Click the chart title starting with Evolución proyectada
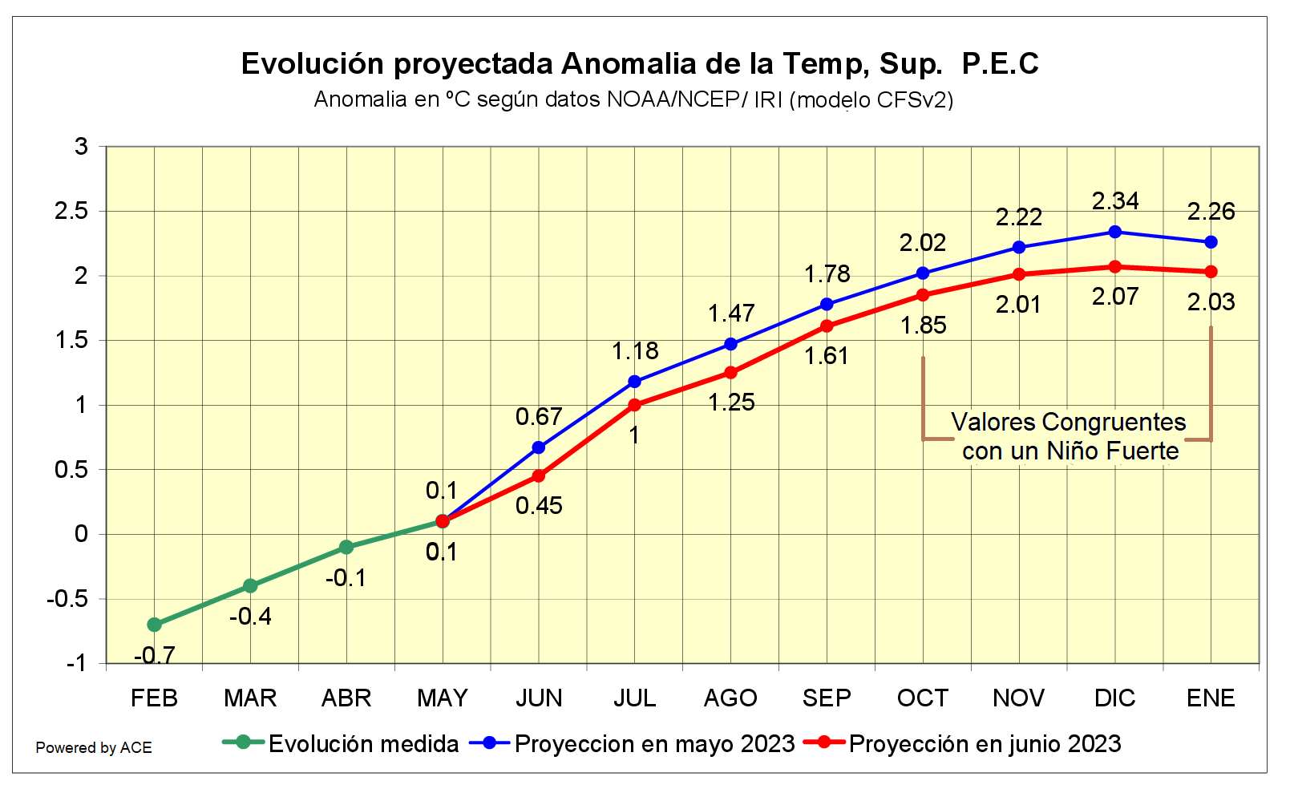[640, 63]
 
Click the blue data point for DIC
[1114, 232]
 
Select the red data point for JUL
[635, 405]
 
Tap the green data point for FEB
[155, 625]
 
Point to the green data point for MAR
[250, 586]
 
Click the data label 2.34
[1115, 201]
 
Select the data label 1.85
[923, 326]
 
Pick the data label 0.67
[539, 417]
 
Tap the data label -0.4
[250, 617]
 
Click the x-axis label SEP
[827, 698]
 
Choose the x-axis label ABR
[346, 698]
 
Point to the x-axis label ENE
[1211, 698]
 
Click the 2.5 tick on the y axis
[71, 211]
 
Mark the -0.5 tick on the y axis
[67, 599]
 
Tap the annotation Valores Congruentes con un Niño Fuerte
[1069, 436]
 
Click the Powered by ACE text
[94, 748]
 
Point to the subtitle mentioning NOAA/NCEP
[633, 99]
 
